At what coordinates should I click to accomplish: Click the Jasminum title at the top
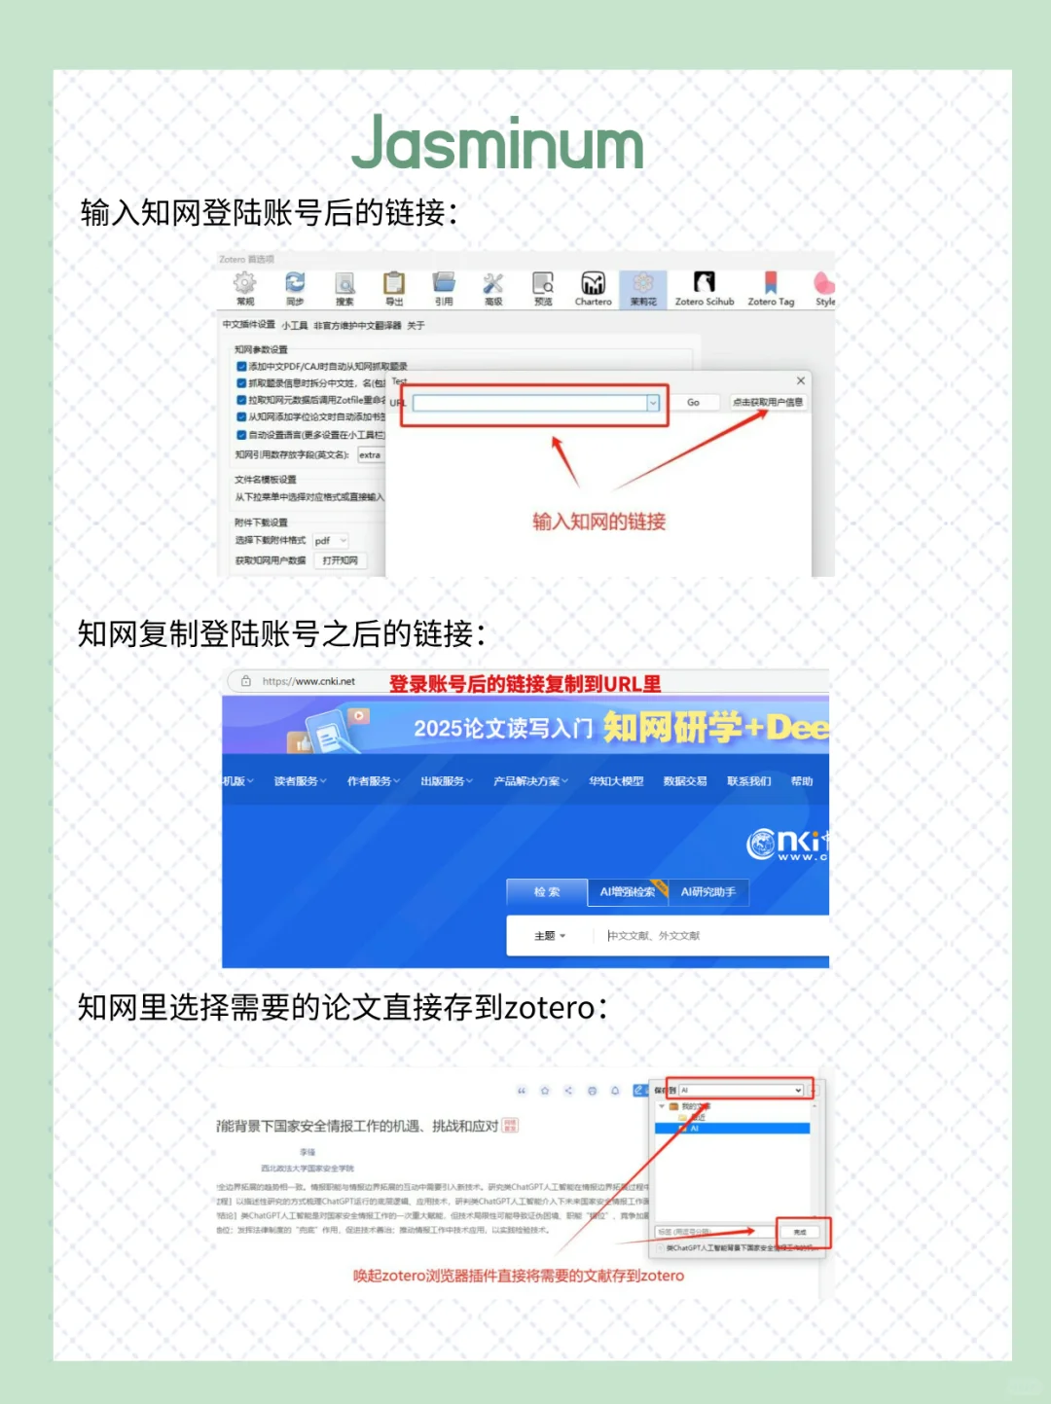[x=497, y=144]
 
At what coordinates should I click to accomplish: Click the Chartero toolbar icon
[x=593, y=285]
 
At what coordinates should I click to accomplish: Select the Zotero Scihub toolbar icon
[x=704, y=285]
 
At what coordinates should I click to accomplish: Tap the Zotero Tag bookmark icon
[x=771, y=285]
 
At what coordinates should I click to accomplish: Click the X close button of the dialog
[x=801, y=380]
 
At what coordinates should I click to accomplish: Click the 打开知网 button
[x=340, y=560]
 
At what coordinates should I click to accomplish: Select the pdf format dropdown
[x=330, y=540]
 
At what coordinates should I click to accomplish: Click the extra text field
[x=371, y=454]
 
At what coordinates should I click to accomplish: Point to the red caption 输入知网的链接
[x=598, y=522]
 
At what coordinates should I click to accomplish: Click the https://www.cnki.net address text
[x=308, y=681]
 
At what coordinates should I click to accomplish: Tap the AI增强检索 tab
[x=627, y=892]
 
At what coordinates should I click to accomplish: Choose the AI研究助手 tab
[x=707, y=892]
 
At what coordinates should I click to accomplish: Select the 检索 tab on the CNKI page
[x=547, y=892]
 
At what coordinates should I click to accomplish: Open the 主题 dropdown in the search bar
[x=549, y=936]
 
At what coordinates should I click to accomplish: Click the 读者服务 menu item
[x=300, y=781]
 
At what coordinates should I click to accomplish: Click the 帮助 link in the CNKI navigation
[x=801, y=781]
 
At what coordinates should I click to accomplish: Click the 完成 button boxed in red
[x=800, y=1232]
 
